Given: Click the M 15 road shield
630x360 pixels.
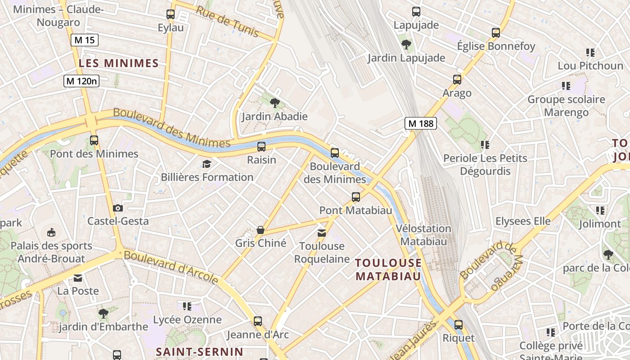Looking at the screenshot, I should [x=84, y=40].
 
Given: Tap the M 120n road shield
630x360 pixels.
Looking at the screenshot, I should [x=81, y=81].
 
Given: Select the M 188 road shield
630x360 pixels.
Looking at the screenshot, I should [x=421, y=123].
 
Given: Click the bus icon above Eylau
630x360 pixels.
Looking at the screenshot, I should [x=171, y=14].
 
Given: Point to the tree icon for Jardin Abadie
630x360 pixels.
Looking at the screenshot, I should [x=274, y=103].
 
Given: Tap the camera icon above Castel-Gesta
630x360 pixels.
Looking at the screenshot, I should [x=118, y=208].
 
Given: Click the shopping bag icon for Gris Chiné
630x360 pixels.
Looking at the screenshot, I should [x=261, y=230].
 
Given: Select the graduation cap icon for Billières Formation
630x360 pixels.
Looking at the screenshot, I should [x=207, y=164].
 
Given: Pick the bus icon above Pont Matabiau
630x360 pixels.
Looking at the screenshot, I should [x=356, y=197].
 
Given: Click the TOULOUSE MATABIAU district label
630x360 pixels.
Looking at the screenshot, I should [x=389, y=269].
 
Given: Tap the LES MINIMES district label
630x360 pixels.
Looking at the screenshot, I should [x=119, y=63].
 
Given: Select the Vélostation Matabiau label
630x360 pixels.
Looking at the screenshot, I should [x=423, y=235].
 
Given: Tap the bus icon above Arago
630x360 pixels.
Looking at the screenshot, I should [x=457, y=80].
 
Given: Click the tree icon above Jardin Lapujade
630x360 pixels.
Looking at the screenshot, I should [x=406, y=44].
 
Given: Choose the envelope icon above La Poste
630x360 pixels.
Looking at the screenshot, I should [x=78, y=278].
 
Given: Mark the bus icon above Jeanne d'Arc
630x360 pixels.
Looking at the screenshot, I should [x=258, y=321].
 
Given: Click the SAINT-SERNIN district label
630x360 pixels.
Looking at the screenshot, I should [x=199, y=351].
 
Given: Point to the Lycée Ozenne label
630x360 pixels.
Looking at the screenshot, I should [x=188, y=320].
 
